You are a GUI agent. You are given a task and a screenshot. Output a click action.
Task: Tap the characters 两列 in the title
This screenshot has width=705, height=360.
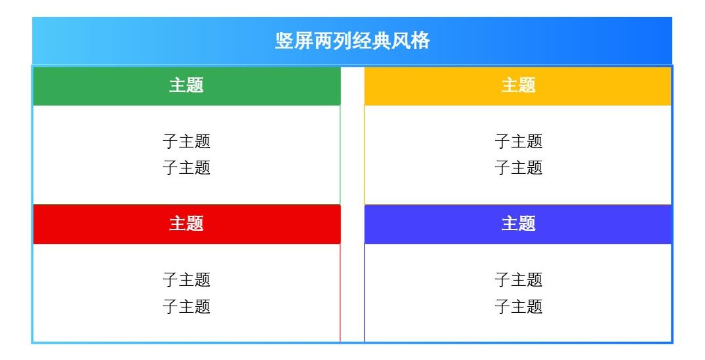click(x=333, y=41)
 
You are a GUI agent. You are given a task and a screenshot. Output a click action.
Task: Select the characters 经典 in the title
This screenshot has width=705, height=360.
click(x=372, y=41)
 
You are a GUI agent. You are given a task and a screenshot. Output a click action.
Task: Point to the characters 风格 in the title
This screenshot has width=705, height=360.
click(x=411, y=41)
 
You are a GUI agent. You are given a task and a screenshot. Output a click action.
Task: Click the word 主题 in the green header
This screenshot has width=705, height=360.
click(x=186, y=85)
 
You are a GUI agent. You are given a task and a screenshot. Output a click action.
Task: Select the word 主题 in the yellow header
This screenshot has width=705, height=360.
click(x=518, y=85)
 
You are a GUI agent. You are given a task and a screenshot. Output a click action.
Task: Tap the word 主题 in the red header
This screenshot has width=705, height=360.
click(x=186, y=224)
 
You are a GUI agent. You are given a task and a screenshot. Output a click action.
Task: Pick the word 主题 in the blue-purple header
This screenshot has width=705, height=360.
click(x=518, y=224)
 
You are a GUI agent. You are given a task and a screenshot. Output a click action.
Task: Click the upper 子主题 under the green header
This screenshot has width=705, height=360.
click(x=186, y=141)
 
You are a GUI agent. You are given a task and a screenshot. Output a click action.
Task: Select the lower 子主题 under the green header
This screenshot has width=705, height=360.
click(x=186, y=167)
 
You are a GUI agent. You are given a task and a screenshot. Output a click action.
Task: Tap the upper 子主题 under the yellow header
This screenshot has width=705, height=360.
click(x=518, y=141)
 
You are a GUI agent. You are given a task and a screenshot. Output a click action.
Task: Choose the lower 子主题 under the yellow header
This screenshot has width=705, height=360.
click(x=518, y=167)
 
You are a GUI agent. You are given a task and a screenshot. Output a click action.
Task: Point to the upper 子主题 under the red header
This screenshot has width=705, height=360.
click(x=186, y=280)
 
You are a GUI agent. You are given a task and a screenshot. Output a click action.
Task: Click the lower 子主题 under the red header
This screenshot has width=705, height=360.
click(x=186, y=306)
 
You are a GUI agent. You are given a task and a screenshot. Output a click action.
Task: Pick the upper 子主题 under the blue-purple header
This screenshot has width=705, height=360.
click(x=518, y=280)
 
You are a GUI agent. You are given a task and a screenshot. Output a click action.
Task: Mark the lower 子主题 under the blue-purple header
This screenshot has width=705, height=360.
click(x=518, y=306)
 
